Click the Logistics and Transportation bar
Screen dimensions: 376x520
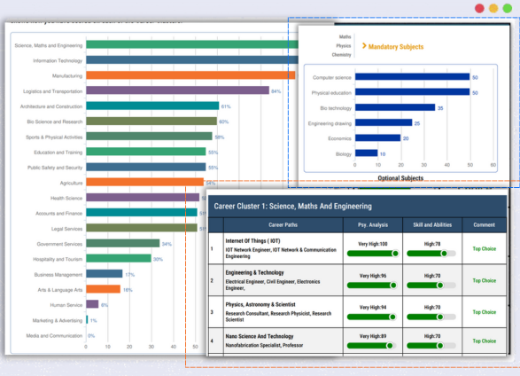click(x=176, y=90)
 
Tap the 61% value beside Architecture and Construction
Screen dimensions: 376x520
click(x=225, y=106)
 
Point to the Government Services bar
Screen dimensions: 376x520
click(x=122, y=243)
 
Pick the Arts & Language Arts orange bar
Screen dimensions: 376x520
click(x=103, y=289)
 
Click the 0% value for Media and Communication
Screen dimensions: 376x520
click(x=90, y=336)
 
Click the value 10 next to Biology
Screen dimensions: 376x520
click(x=383, y=153)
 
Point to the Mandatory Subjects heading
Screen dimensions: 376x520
click(x=395, y=45)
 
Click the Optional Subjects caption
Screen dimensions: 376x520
click(x=400, y=178)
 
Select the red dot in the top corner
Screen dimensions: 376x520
click(x=479, y=8)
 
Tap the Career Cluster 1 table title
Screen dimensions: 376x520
click(x=280, y=206)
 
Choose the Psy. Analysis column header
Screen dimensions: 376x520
click(x=367, y=225)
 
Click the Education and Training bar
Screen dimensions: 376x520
click(x=145, y=152)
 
